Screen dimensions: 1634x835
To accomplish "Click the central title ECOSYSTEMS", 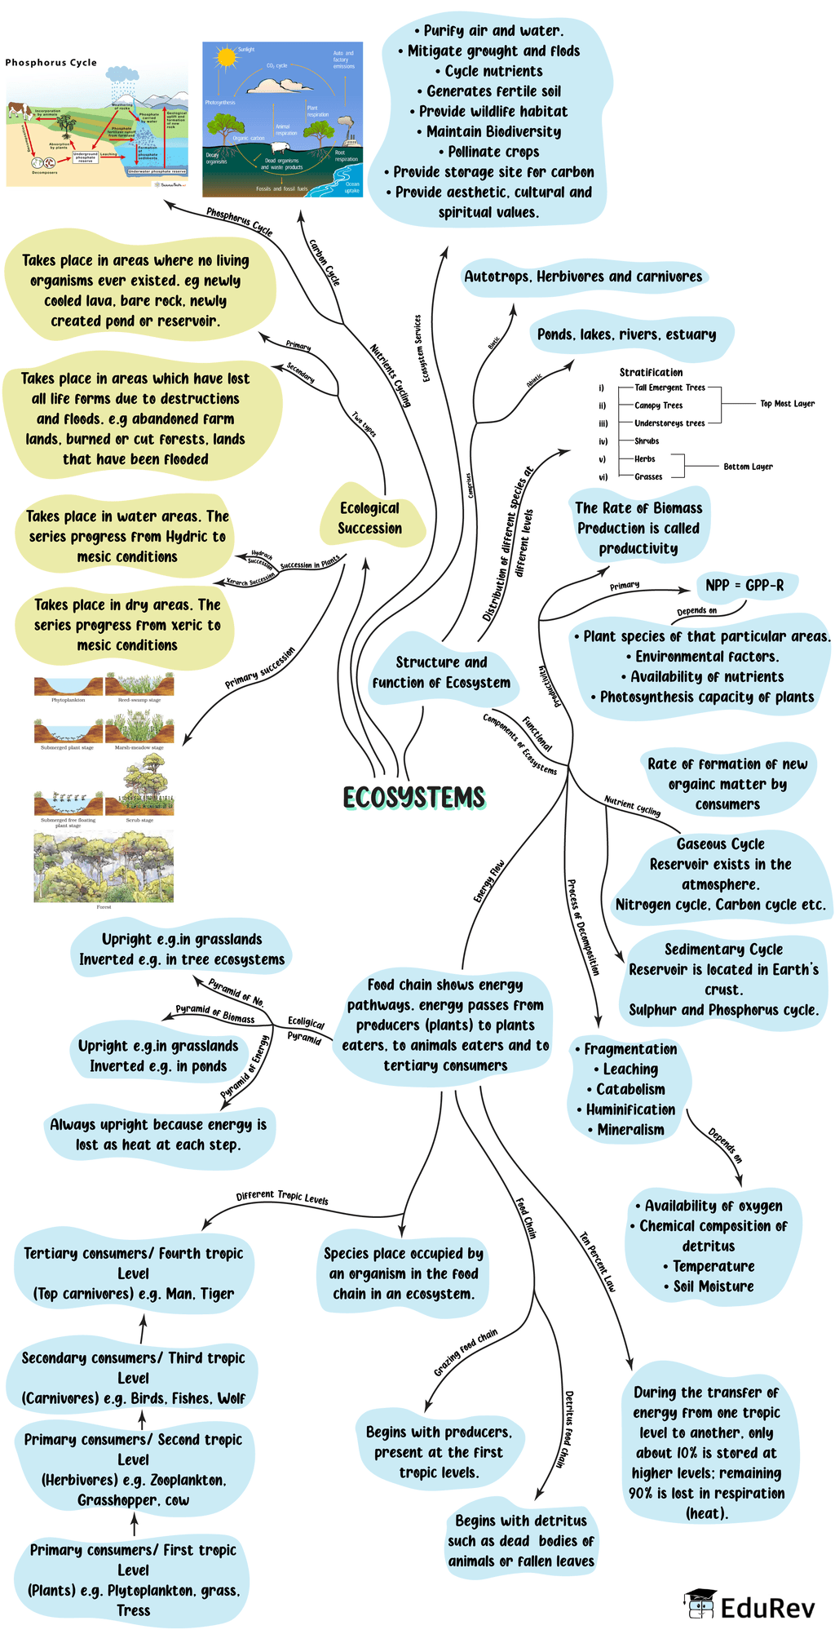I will click(413, 797).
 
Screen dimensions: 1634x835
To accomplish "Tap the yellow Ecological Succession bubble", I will click(369, 518).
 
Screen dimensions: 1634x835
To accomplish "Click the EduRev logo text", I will click(767, 1608).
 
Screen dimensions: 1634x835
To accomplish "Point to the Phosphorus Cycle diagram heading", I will click(51, 63).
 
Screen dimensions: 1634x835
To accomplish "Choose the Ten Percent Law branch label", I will click(598, 1261).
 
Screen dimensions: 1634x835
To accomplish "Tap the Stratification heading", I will click(651, 372).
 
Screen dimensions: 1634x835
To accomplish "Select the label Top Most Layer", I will click(787, 404).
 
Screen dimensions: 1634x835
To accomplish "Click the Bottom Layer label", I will click(748, 467).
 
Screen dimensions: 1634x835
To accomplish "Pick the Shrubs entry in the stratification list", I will click(647, 441).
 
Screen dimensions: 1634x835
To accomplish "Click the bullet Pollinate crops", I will click(493, 152).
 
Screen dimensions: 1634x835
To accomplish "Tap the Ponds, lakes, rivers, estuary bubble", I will click(626, 334).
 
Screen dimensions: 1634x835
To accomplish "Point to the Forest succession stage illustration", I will click(104, 867).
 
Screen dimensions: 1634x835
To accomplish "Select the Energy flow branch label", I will click(489, 881).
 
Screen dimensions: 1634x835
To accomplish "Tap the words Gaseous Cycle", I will click(720, 844).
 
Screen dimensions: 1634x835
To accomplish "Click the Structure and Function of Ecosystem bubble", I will click(441, 672).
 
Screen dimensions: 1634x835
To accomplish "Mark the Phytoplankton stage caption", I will click(68, 700).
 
